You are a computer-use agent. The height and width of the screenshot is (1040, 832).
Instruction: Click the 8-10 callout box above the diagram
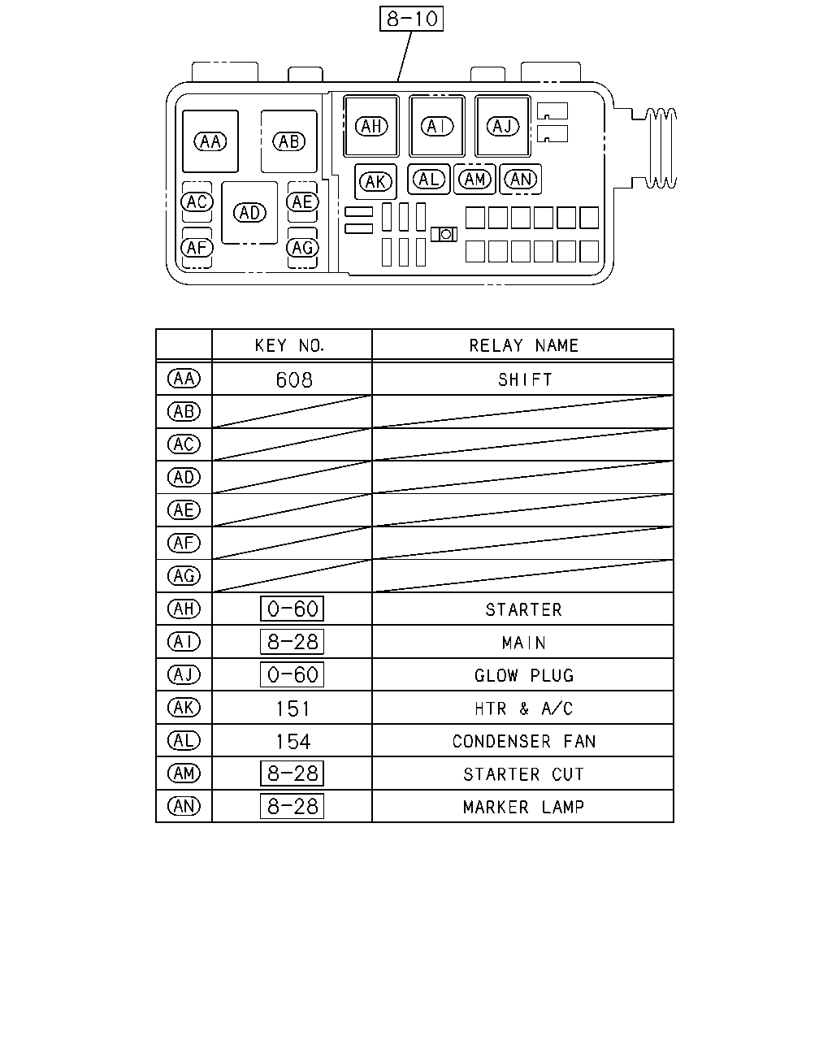tap(411, 19)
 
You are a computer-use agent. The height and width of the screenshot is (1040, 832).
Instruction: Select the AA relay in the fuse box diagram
tap(210, 141)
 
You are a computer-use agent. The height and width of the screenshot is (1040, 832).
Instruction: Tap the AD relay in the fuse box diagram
tap(249, 213)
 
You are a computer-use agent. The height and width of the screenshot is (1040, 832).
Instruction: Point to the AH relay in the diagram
tap(371, 126)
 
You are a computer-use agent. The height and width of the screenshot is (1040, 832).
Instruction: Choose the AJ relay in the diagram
tap(503, 126)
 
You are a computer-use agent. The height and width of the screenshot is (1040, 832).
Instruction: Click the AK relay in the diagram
tap(375, 182)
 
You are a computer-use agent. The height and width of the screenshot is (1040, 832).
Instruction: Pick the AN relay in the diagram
tap(521, 180)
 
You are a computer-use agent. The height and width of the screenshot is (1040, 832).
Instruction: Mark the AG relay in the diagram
tap(302, 248)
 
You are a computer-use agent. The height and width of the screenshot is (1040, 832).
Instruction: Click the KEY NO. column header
tap(289, 345)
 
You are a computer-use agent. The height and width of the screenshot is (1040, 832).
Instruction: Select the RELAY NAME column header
tap(523, 345)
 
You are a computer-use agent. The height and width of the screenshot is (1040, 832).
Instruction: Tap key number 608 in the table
tap(294, 380)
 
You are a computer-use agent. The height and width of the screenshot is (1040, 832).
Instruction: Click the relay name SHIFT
tap(525, 380)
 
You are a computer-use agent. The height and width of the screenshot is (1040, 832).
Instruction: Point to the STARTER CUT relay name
tap(523, 774)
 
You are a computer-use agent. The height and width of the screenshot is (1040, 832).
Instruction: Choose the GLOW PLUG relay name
tap(524, 675)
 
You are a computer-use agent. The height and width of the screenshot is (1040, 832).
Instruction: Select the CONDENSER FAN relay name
tap(524, 741)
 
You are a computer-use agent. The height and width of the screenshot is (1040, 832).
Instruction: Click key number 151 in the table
tap(292, 709)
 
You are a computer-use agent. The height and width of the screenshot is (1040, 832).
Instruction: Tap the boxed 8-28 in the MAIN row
tap(292, 642)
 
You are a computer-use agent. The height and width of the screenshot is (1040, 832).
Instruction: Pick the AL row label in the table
tap(184, 740)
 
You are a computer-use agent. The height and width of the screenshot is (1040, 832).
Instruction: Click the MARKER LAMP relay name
tap(523, 807)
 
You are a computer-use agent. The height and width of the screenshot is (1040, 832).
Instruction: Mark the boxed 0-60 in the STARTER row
tap(292, 609)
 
